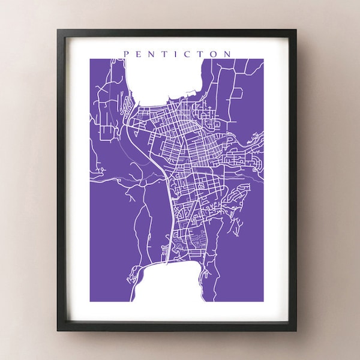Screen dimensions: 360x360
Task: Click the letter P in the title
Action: (126, 53)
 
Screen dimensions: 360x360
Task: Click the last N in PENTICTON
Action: (228, 53)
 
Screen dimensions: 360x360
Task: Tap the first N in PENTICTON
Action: (152, 53)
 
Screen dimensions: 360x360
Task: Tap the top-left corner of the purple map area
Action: (91, 59)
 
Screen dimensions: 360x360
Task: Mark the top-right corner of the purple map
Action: (264, 59)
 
